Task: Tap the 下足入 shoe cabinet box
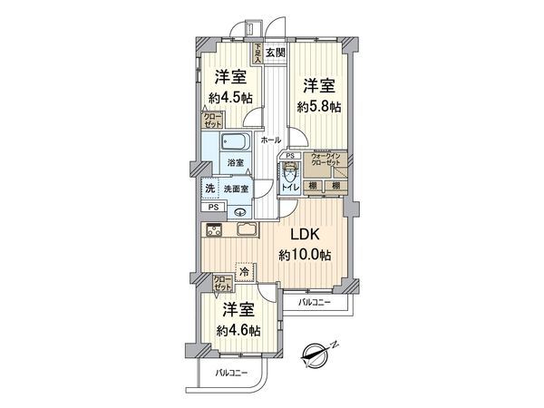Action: (258, 52)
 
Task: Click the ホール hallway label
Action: (269, 140)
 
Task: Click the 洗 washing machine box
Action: (209, 189)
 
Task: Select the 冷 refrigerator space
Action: (243, 270)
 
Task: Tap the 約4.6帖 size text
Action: (240, 331)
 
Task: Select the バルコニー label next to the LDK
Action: (314, 301)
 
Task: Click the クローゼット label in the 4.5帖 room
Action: (212, 119)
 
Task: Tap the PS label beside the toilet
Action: (289, 156)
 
